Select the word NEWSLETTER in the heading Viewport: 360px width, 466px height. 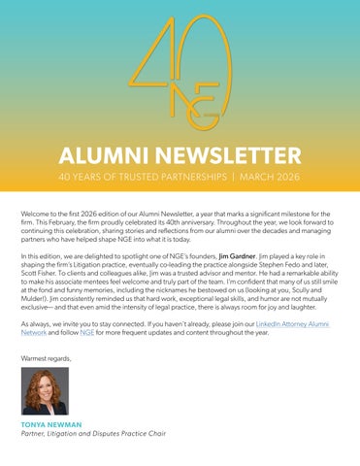point(222,156)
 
